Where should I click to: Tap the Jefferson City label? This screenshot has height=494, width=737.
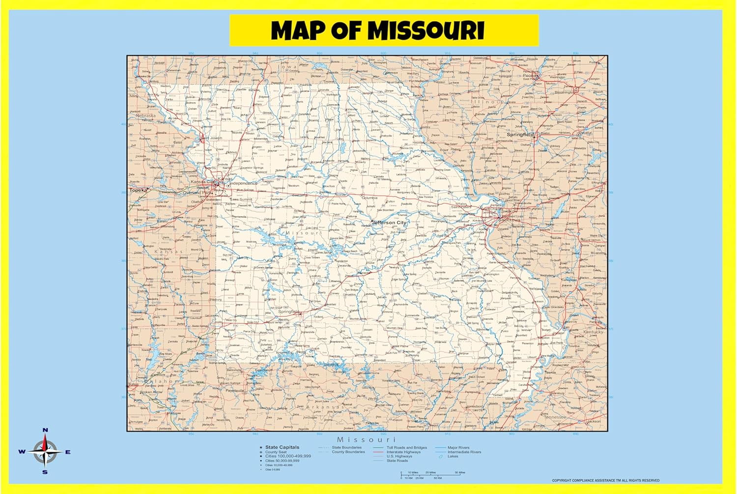[389, 223]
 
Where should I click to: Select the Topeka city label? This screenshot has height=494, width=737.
[138, 190]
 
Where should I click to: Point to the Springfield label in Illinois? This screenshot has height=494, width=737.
[520, 134]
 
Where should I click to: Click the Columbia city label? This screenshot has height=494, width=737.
[369, 198]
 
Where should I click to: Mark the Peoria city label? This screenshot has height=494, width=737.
[530, 75]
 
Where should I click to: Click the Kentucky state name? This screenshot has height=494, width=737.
[594, 332]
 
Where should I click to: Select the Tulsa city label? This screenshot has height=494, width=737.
[133, 384]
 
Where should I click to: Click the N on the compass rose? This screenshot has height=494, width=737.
[45, 430]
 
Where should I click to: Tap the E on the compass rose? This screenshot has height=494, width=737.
[68, 452]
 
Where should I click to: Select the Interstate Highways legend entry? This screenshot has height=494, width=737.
[403, 452]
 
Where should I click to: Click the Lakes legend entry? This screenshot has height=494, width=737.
[453, 456]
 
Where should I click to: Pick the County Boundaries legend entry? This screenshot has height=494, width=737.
[348, 452]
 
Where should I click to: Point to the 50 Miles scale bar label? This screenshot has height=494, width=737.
[460, 472]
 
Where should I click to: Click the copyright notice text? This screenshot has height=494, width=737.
[605, 480]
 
